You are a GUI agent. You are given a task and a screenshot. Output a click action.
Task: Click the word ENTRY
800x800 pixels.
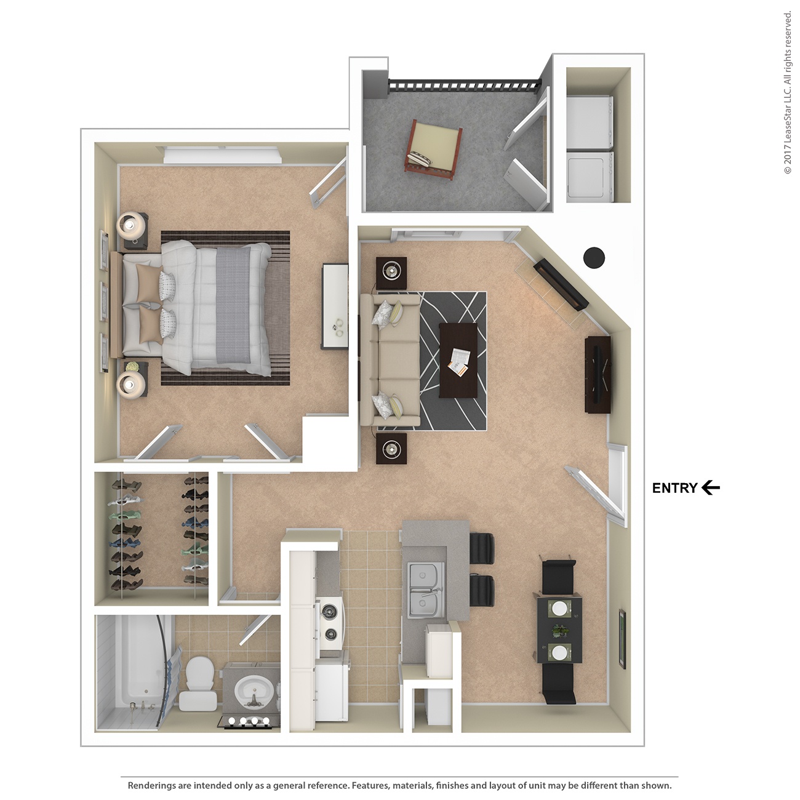point(674,488)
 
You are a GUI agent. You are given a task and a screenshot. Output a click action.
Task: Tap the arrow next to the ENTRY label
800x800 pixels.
point(711,488)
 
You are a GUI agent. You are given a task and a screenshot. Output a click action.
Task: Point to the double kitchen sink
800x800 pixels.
point(425,588)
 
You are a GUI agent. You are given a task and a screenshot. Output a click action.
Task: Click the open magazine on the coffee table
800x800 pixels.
point(458,361)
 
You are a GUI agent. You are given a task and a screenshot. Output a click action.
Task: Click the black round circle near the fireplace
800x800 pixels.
point(594,257)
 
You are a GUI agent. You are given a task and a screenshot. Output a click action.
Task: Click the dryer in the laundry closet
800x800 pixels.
point(590,177)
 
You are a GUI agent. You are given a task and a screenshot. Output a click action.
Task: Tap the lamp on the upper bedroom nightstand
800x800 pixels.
point(131,226)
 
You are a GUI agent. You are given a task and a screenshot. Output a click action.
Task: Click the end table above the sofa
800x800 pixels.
point(391,271)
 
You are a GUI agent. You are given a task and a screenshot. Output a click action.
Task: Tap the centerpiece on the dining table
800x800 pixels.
point(560,631)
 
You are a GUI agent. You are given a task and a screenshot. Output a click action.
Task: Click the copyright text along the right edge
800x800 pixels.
point(788,92)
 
